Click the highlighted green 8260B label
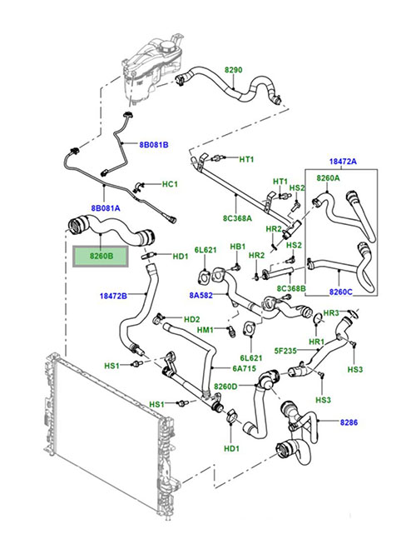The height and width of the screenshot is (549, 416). (101, 257)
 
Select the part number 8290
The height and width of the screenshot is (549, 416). (233, 70)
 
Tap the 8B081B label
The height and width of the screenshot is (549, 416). (154, 145)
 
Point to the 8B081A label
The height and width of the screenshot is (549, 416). (106, 208)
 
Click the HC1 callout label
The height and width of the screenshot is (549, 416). (170, 184)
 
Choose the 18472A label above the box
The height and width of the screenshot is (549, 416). (343, 162)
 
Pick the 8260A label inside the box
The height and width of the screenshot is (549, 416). (328, 178)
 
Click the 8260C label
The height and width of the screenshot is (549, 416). (341, 292)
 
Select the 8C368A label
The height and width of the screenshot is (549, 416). (237, 218)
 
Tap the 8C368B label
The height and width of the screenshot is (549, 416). (291, 288)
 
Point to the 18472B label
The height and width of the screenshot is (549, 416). (113, 297)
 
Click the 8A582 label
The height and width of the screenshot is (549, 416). (201, 296)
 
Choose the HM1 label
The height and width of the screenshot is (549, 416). (206, 330)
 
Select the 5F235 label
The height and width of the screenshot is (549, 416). (285, 351)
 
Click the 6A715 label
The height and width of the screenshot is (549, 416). (245, 368)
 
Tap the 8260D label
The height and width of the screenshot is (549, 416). (225, 387)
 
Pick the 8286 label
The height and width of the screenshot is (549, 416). (349, 422)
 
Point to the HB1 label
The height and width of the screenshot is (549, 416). (238, 247)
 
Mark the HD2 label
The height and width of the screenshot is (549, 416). (191, 319)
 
